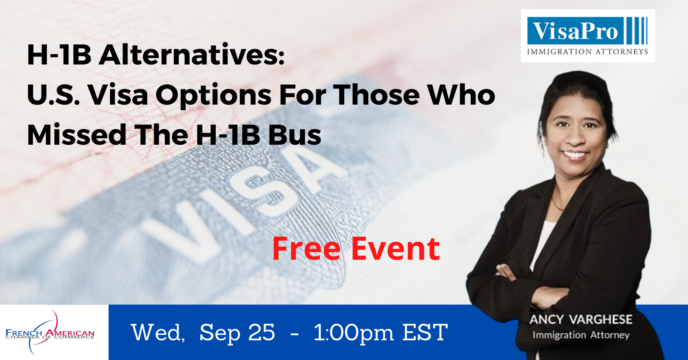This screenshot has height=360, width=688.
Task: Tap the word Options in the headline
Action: (x=214, y=95)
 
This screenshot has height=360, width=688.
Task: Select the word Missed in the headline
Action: (x=77, y=135)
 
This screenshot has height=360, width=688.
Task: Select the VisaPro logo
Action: (x=588, y=36)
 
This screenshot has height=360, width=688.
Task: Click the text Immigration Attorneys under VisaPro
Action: (x=588, y=52)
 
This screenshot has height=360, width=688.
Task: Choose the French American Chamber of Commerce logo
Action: (x=50, y=333)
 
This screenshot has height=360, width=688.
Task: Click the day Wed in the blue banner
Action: (x=158, y=332)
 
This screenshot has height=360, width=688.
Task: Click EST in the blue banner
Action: (x=425, y=332)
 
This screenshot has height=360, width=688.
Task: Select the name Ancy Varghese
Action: (x=581, y=320)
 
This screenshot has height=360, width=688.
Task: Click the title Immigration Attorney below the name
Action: (x=581, y=335)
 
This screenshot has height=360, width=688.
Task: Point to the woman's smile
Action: (x=574, y=155)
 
